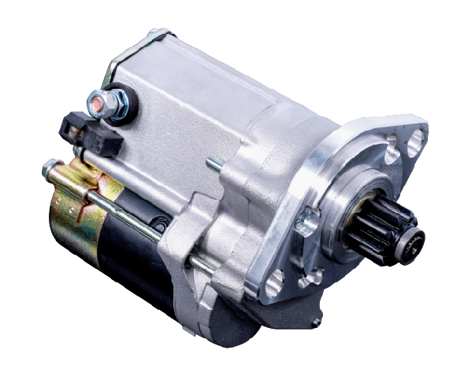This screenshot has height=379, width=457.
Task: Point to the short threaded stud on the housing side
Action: (214, 166)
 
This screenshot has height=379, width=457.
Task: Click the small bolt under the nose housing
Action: (315, 322)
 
